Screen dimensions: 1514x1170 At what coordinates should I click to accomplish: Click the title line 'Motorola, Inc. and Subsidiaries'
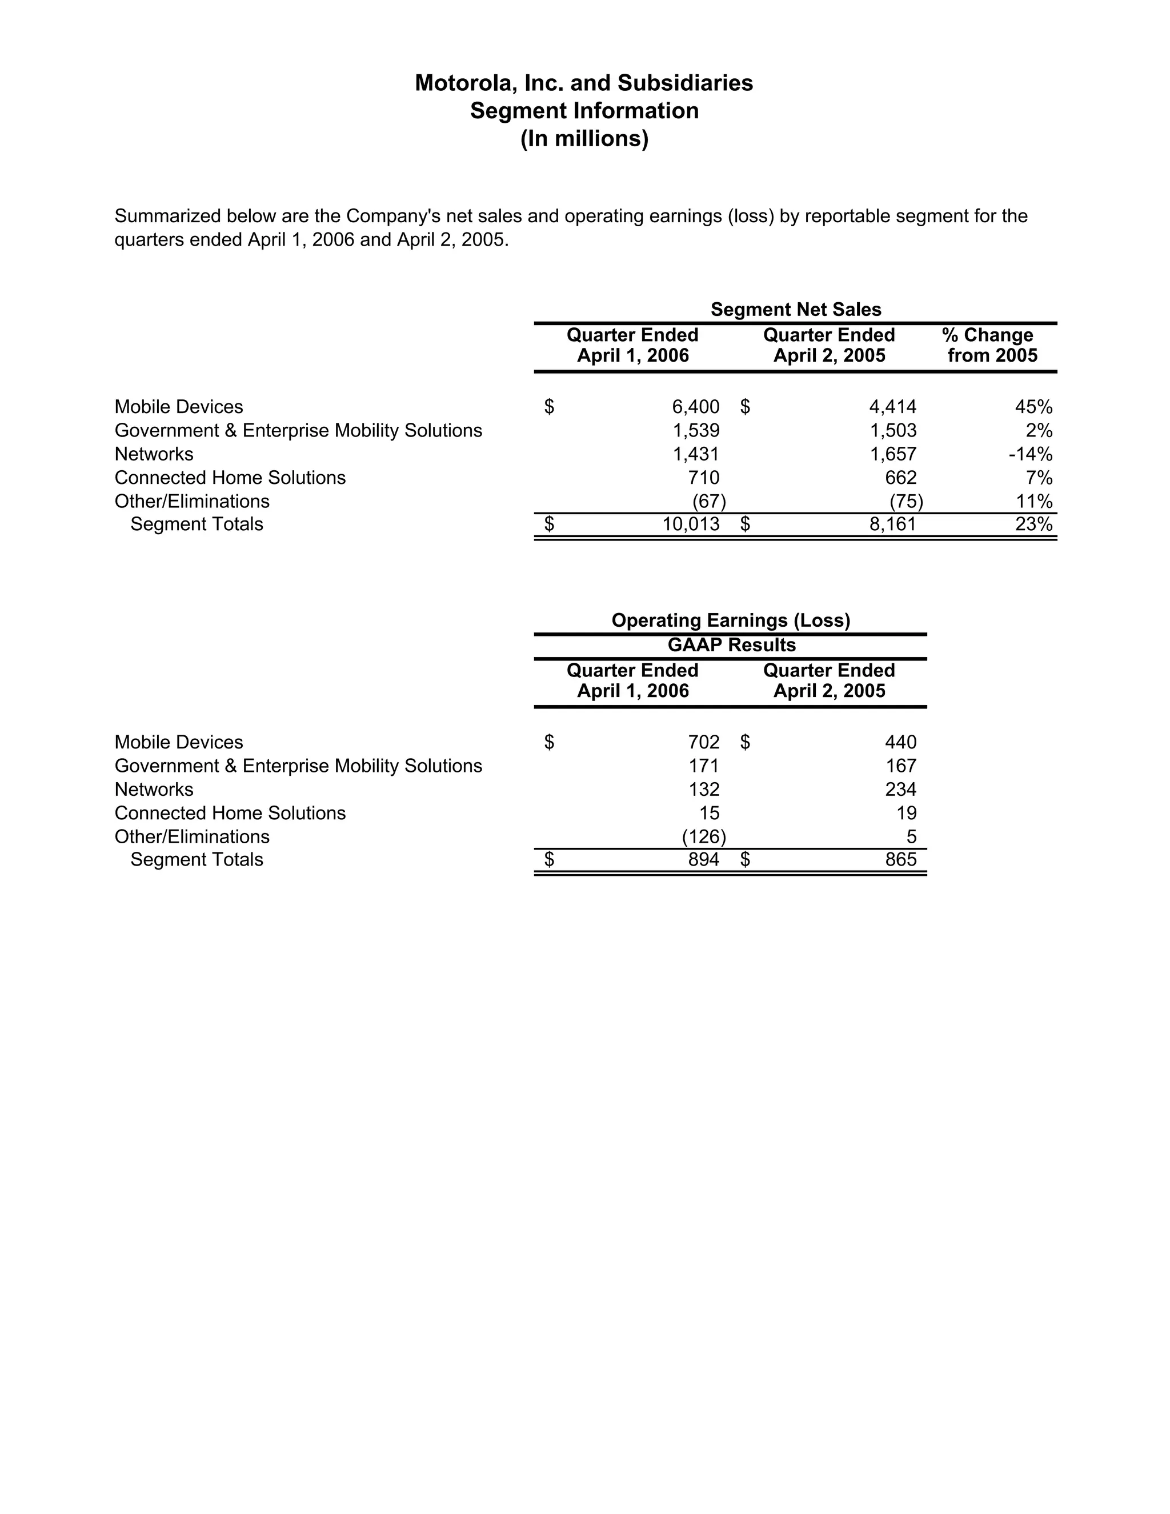[x=584, y=83]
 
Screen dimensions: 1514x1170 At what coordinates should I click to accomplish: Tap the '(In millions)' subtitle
[x=584, y=139]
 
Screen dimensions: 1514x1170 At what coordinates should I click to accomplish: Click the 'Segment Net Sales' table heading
[x=796, y=309]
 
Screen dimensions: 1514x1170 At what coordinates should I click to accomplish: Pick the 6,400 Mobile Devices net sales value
[x=695, y=407]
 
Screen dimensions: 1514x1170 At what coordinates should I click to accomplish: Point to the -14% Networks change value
[x=1030, y=454]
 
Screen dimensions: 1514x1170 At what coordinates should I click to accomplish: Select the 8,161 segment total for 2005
[x=893, y=524]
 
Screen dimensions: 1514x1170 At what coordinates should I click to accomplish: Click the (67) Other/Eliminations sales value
[x=708, y=501]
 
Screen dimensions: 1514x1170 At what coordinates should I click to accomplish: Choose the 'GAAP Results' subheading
[x=731, y=646]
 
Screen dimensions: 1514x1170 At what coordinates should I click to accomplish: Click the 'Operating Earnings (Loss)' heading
[x=731, y=620]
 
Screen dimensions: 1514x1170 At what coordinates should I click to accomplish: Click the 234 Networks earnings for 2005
[x=900, y=790]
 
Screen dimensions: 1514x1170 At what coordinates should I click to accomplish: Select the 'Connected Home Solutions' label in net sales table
[x=230, y=478]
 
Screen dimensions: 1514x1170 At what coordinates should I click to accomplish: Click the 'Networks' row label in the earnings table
[x=154, y=790]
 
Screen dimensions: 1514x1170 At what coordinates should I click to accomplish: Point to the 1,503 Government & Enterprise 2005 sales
[x=893, y=431]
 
